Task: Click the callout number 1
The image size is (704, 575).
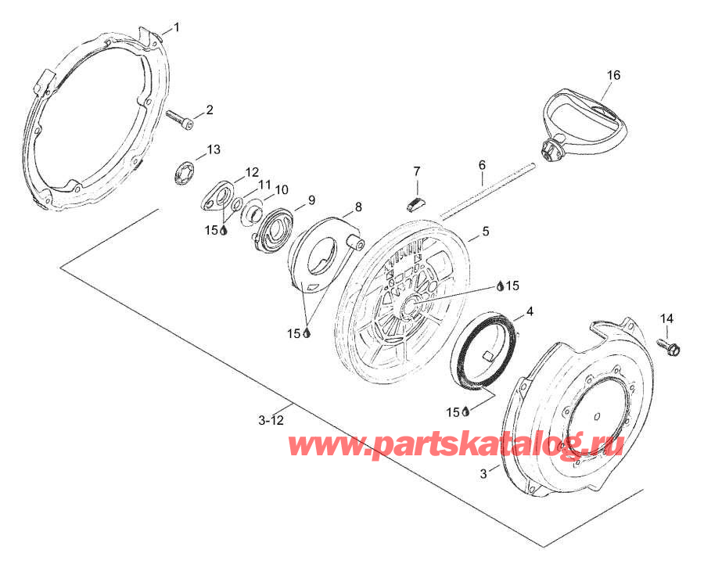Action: point(177,27)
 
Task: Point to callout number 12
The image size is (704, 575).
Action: point(252,172)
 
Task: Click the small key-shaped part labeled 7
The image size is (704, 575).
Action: point(418,203)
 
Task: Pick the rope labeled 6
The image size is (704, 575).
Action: point(487,192)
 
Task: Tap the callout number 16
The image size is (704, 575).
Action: point(613,75)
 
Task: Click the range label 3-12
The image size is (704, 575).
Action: point(271,421)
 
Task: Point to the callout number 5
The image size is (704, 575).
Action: point(486,232)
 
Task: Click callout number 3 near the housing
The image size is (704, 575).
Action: point(483,473)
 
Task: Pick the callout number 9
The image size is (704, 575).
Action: point(311,200)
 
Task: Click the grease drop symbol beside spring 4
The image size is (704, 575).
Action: point(465,411)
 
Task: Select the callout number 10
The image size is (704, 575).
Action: point(281,190)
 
